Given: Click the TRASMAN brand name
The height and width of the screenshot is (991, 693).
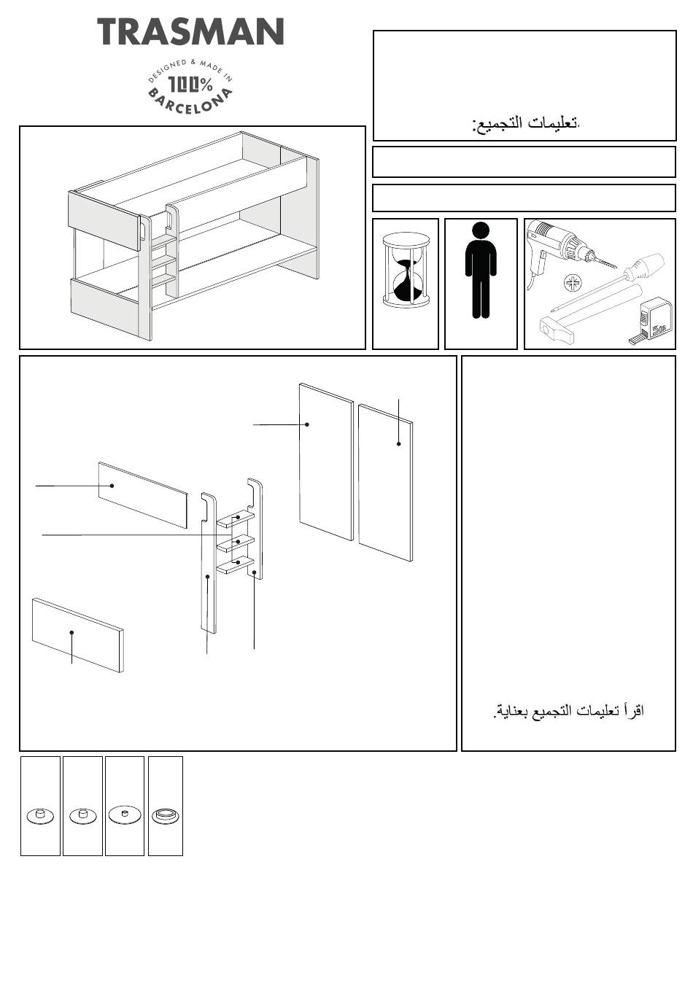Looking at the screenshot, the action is coord(190,31).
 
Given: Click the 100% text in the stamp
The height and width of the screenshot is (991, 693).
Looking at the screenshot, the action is coord(190,84).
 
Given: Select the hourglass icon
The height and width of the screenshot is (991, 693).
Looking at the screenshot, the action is coord(406,270).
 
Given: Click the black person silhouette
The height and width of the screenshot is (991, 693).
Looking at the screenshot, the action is coord(481,271).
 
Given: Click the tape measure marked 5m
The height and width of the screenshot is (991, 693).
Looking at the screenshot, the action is coord(650,322).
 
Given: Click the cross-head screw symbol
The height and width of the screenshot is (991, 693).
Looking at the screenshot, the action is coord(573,283).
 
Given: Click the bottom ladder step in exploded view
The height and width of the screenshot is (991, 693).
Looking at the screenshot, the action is coord(235,564).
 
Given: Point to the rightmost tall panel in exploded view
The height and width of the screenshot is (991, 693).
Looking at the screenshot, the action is coord(385,483).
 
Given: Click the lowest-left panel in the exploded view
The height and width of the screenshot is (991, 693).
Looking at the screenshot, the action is coord(78,635).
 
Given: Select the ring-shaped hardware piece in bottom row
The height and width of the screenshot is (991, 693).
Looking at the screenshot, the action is coord(165,815).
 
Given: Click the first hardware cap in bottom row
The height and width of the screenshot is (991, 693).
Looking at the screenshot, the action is coord(40,816).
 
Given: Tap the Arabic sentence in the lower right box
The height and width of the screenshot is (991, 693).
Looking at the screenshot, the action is coord(568,710).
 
